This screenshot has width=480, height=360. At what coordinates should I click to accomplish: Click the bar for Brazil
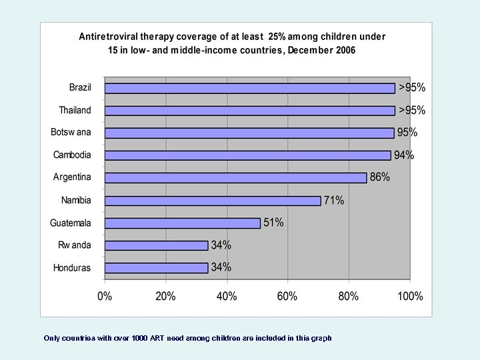pos(250,88)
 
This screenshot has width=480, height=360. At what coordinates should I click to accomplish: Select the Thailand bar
pos(250,110)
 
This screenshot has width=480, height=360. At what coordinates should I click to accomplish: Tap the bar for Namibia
pos(213,201)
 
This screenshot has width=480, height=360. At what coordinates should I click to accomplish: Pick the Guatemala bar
pos(183,223)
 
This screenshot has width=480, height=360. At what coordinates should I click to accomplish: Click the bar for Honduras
pos(157,268)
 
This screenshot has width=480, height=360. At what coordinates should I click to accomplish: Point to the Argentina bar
pos(236,178)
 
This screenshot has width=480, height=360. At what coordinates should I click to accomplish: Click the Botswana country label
pos(71,133)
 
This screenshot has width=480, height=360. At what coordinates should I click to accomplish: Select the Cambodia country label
pos(72,155)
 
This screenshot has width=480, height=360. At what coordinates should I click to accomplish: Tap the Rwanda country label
pos(74,245)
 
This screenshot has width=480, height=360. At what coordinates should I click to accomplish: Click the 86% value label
pos(380,178)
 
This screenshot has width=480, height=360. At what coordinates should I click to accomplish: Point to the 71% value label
pos(334,201)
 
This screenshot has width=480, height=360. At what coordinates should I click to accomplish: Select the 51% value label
pos(273,223)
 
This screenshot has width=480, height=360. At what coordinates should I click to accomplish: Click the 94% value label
pos(404,155)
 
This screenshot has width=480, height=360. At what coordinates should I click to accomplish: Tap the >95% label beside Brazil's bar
pos(412,87)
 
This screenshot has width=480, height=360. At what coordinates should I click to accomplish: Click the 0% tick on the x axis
pos(105,296)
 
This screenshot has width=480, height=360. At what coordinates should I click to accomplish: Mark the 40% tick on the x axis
pos(227,296)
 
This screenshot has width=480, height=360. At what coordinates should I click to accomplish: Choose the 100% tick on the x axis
pos(410,296)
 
